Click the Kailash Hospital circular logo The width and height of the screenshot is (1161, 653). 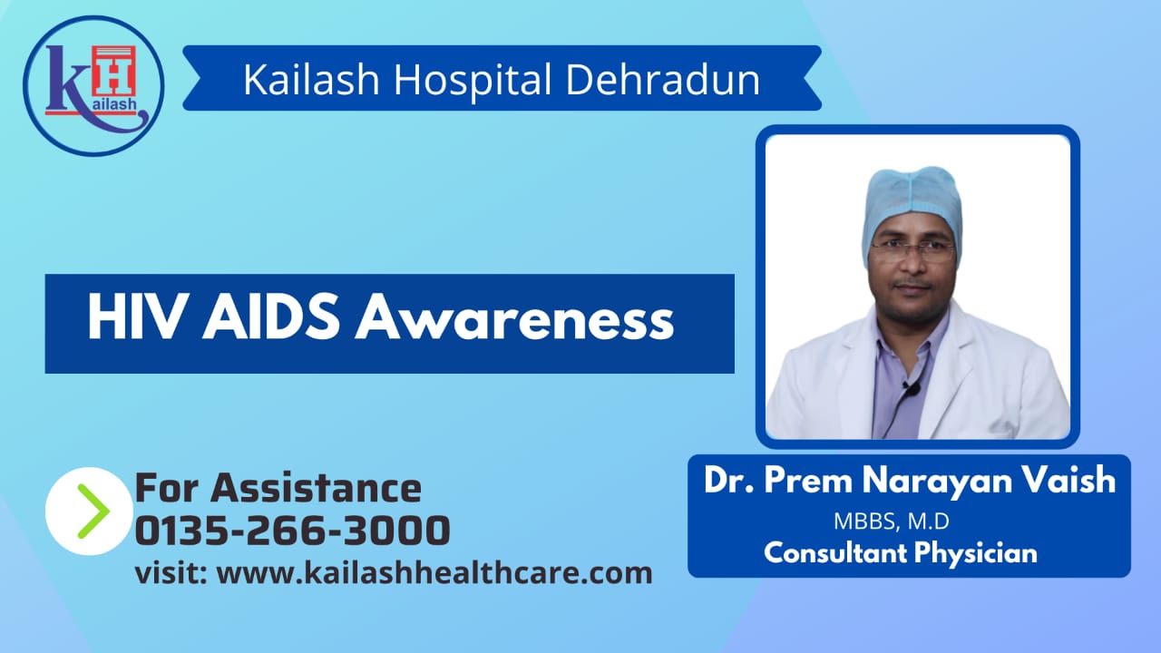pyautogui.click(x=93, y=86)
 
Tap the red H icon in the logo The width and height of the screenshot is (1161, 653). pyautogui.click(x=114, y=72)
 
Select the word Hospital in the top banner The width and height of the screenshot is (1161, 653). pyautogui.click(x=473, y=81)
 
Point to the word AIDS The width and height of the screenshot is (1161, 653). pyautogui.click(x=271, y=317)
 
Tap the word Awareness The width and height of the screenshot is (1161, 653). pyautogui.click(x=514, y=317)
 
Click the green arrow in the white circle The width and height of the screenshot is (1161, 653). pyautogui.click(x=93, y=511)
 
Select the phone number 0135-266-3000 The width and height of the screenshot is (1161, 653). pyautogui.click(x=292, y=531)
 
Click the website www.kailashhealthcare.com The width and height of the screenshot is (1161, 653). pyautogui.click(x=434, y=573)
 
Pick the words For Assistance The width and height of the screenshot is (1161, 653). pyautogui.click(x=278, y=488)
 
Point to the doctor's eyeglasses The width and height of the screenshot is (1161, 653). pyautogui.click(x=913, y=250)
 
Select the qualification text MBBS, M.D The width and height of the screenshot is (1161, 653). pyautogui.click(x=892, y=521)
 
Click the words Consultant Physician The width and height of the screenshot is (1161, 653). pyautogui.click(x=901, y=552)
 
